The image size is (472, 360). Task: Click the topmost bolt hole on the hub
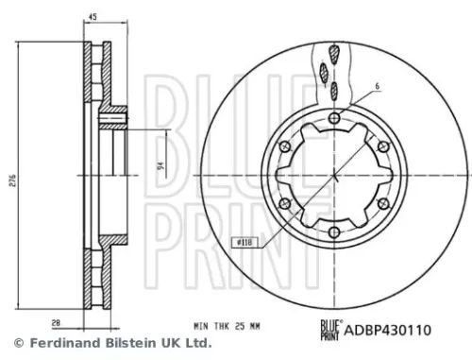[335, 118]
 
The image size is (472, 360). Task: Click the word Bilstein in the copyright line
[119, 343]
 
